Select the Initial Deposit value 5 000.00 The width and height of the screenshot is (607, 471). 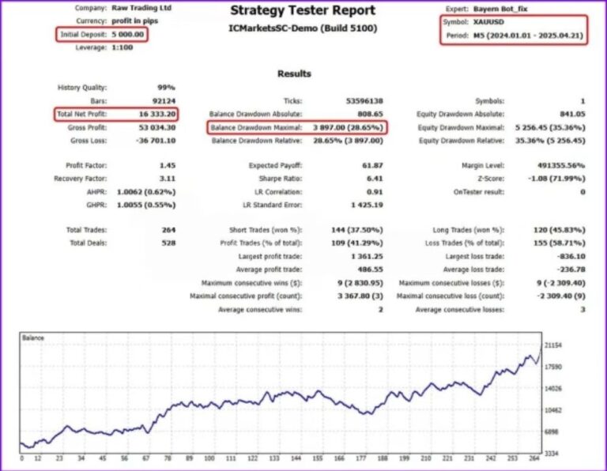126,35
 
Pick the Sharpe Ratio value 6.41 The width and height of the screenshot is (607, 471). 375,179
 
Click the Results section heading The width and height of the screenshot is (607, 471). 294,73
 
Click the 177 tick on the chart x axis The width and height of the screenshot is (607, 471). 361,459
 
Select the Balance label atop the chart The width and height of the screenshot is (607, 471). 32,338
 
